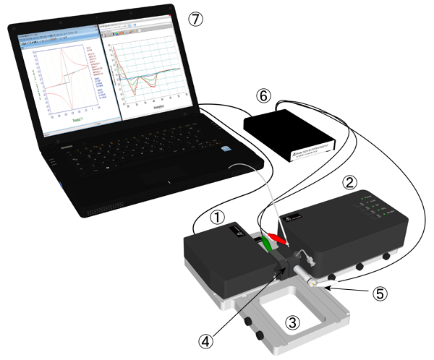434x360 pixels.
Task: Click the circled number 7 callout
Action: pos(195,19)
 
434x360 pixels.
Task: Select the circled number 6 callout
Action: pos(264,95)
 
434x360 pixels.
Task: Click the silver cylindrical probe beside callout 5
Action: pos(308,275)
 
